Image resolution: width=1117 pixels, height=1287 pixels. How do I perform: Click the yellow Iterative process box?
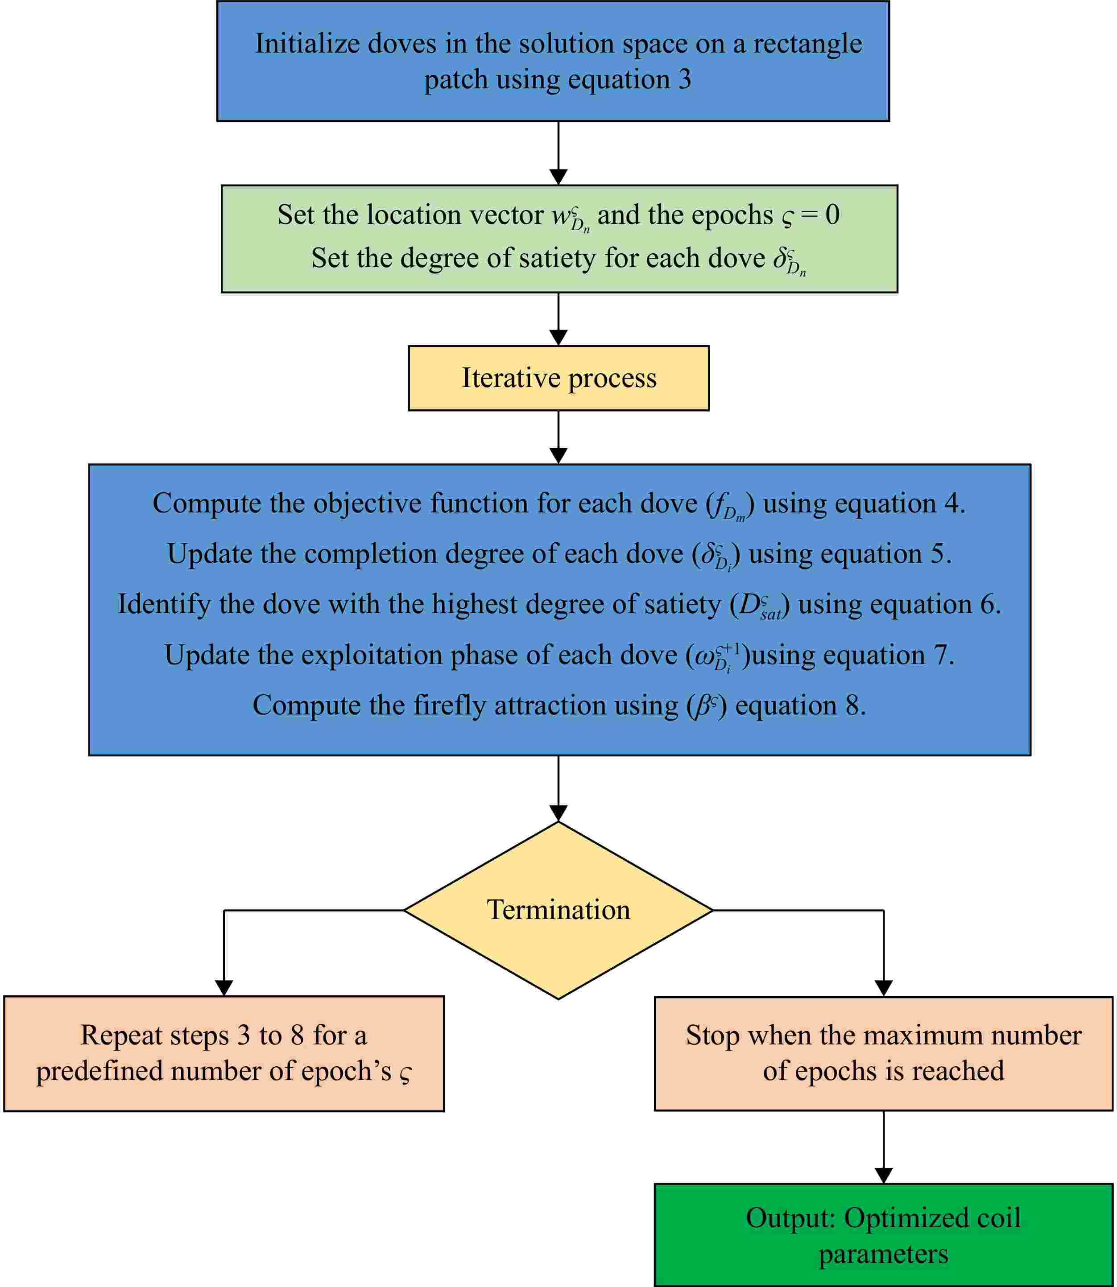coord(558,378)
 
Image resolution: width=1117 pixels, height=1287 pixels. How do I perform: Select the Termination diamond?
coord(558,910)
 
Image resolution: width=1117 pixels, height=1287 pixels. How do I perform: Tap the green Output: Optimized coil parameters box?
coord(883,1235)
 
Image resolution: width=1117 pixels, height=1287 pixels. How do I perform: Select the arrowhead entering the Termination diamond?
coord(558,813)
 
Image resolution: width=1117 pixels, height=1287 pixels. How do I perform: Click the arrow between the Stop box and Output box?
coord(883,1147)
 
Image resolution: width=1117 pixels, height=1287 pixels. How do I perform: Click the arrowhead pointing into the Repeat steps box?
coord(224,988)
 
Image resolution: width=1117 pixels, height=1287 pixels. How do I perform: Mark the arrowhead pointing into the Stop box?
coord(883,988)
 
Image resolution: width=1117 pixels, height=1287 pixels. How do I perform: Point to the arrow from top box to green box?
coord(558,153)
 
